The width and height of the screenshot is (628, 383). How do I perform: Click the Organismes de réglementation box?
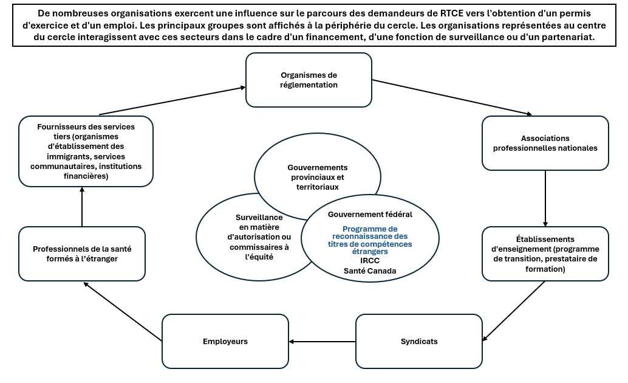coord(309,80)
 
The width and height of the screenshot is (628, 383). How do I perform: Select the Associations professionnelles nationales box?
coord(545,143)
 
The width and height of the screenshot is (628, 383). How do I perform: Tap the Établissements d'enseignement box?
coord(545,254)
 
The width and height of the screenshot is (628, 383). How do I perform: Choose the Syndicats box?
coord(418,341)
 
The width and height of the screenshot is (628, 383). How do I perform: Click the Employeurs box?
coord(225,341)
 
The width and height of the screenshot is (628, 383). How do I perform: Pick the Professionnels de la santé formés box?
coord(82,254)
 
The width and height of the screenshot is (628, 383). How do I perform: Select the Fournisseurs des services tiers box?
coord(86,151)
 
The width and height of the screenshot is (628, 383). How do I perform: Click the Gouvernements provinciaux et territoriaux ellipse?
coord(318,177)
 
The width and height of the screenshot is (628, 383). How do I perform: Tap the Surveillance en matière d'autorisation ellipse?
coord(259,237)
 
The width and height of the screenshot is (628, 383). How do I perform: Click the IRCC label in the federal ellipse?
coord(370,260)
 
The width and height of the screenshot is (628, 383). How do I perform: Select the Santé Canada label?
coord(370,271)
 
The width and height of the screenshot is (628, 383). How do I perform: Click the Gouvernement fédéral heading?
coord(370,215)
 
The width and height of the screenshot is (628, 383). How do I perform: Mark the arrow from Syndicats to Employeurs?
coord(322,342)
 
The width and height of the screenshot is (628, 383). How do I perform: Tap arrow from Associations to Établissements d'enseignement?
coord(545,198)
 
